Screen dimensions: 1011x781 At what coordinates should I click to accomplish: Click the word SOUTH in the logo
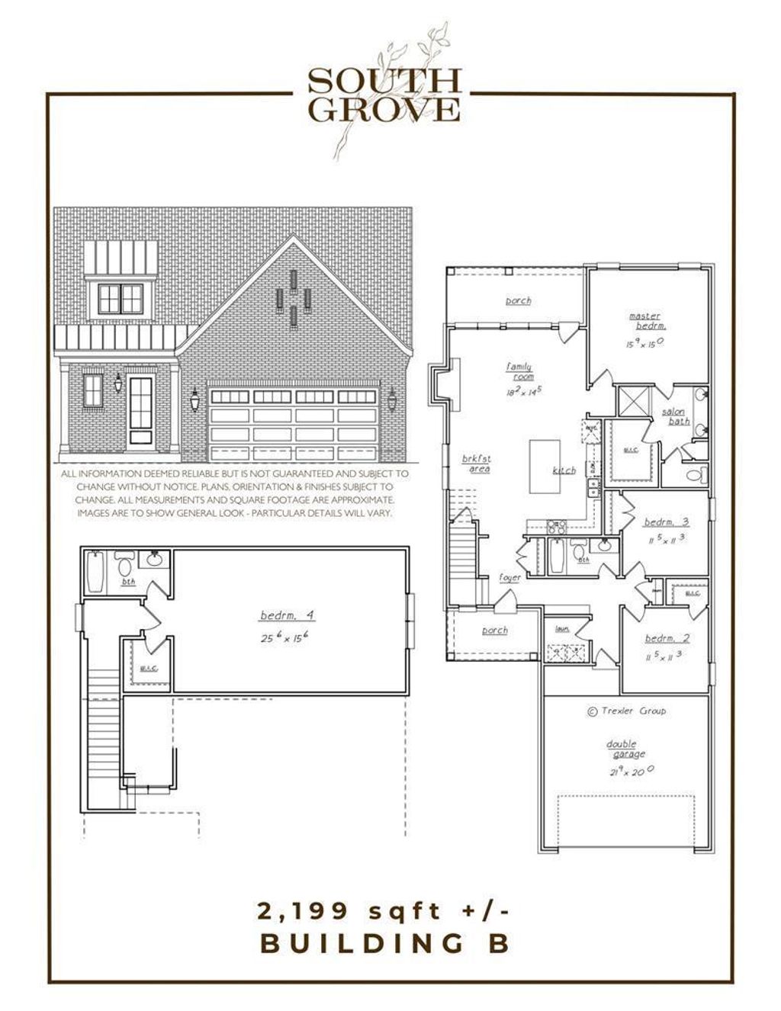pyautogui.click(x=384, y=80)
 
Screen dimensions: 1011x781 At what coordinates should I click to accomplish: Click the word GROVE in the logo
pyautogui.click(x=384, y=109)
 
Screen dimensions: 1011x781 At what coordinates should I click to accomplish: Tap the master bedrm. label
pyautogui.click(x=644, y=321)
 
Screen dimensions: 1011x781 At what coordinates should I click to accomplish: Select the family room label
pyautogui.click(x=519, y=371)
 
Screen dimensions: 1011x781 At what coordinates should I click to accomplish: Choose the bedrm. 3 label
pyautogui.click(x=666, y=522)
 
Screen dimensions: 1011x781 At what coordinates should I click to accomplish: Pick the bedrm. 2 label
pyautogui.click(x=666, y=638)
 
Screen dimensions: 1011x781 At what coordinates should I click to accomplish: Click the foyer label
pyautogui.click(x=510, y=578)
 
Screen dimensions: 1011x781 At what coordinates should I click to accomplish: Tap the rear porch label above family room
pyautogui.click(x=518, y=300)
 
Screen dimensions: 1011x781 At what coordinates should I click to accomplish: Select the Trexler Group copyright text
pyautogui.click(x=626, y=711)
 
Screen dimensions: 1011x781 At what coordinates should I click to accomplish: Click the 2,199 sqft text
pyautogui.click(x=384, y=910)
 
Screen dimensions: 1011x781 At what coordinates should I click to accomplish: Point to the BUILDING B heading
pyautogui.click(x=384, y=943)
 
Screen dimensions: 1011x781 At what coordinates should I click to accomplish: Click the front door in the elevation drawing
pyautogui.click(x=141, y=409)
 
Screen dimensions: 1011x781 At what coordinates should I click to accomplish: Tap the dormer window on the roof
pyautogui.click(x=121, y=298)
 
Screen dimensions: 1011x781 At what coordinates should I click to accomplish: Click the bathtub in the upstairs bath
pyautogui.click(x=95, y=573)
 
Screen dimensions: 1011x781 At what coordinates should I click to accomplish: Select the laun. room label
pyautogui.click(x=563, y=629)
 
